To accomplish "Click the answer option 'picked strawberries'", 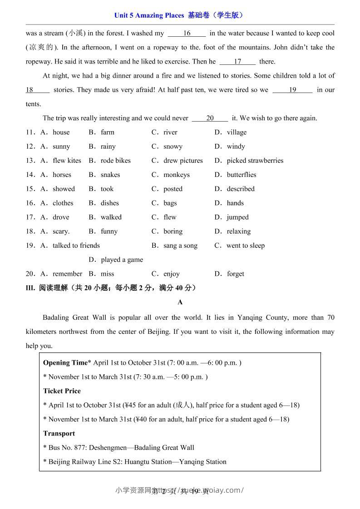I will tap(255, 161).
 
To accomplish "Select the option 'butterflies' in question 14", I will tap(242, 175).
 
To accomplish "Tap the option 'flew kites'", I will tap(67, 161).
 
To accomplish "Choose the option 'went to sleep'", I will tap(245, 245).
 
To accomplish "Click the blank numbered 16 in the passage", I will tap(187, 33).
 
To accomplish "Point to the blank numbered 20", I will tap(210, 118).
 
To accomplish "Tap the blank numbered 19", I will tap(292, 90).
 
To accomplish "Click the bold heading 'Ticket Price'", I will tap(62, 391).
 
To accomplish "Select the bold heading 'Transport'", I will tap(59, 433).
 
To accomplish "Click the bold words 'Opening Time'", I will tap(65, 362).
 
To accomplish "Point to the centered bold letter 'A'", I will tap(180, 302).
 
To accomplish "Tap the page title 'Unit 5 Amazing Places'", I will tap(150, 15).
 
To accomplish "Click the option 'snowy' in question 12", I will tap(173, 147).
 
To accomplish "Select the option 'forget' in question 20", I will tap(236, 274).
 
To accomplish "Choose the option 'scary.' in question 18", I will tap(61, 231).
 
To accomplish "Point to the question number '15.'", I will tap(30, 189).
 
